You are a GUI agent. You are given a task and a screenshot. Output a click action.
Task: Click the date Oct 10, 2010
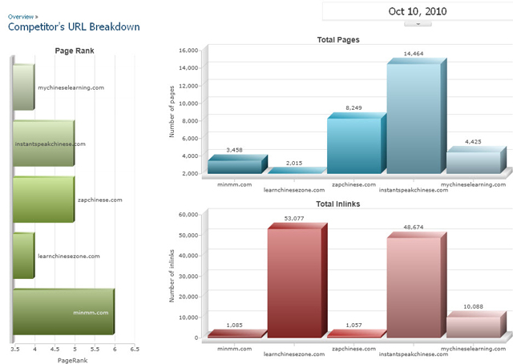[x=417, y=11]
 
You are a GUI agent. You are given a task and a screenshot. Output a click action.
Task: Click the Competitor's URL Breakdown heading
[x=74, y=26]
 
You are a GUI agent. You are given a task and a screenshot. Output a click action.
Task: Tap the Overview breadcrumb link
[x=21, y=15]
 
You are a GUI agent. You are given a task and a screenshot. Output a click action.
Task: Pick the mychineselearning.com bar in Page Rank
[x=22, y=87]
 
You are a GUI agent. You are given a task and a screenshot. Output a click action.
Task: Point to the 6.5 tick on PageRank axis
[x=135, y=350]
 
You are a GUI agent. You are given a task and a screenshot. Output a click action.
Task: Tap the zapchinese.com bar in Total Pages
[x=353, y=145]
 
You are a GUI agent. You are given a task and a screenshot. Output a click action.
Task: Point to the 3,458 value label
[x=234, y=150]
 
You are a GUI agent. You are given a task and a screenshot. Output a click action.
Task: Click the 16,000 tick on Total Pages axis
[x=187, y=50]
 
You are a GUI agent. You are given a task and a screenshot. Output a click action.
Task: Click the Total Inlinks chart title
[x=337, y=204]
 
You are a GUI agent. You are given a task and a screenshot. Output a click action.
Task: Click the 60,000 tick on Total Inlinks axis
[x=187, y=214]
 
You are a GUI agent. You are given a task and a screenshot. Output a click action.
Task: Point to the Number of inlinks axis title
[x=172, y=276]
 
